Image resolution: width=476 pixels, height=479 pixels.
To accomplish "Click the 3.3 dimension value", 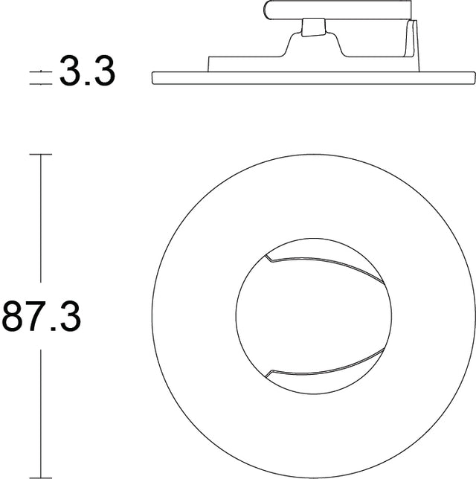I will [x=87, y=72].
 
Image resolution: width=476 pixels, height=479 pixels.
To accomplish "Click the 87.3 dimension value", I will [x=42, y=316].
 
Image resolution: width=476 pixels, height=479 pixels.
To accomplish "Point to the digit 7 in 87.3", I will [x=37, y=316].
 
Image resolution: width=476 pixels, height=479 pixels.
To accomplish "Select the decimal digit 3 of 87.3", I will [x=69, y=316].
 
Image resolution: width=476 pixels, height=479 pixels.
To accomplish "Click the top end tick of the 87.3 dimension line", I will [x=40, y=155].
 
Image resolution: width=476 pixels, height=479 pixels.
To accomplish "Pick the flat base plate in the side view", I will [x=312, y=77].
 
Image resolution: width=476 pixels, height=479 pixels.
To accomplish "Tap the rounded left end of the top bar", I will [x=268, y=10].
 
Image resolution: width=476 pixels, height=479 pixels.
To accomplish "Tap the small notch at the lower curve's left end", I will [x=271, y=371].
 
